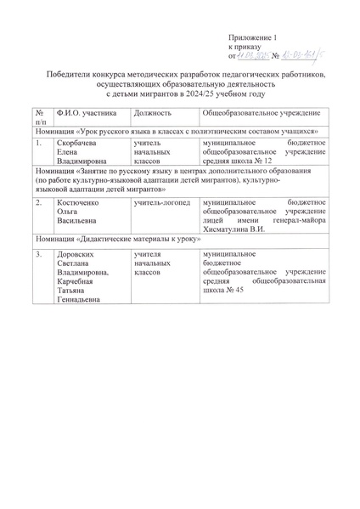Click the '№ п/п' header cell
pos(41,118)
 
